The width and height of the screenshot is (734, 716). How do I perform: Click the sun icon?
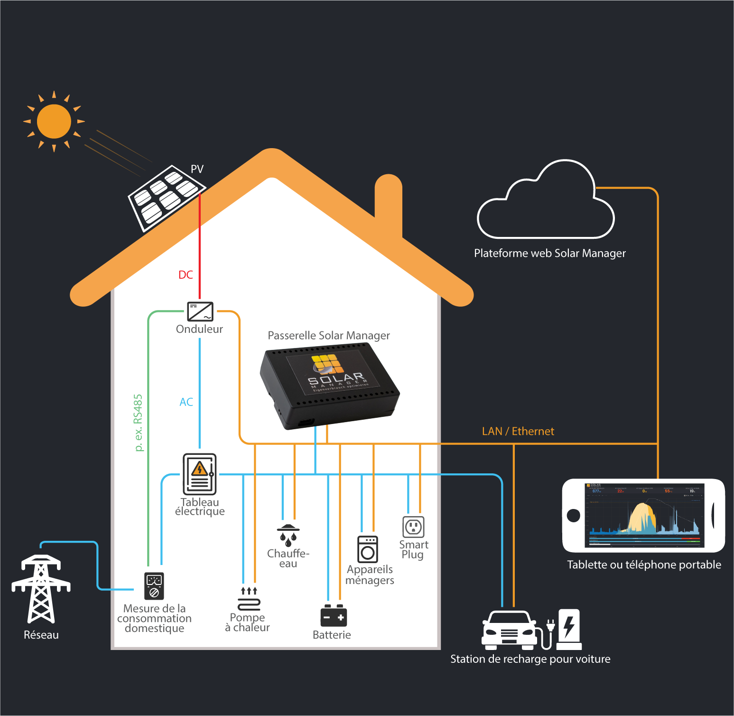pyautogui.click(x=54, y=122)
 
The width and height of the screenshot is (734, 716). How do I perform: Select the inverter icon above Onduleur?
pyautogui.click(x=200, y=311)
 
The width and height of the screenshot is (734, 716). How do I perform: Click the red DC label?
pyautogui.click(x=186, y=275)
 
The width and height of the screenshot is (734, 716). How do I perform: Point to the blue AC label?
pyautogui.click(x=186, y=402)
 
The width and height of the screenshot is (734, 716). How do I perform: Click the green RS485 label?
pyautogui.click(x=138, y=423)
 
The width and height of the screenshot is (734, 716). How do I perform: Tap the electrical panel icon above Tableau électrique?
pyautogui.click(x=200, y=474)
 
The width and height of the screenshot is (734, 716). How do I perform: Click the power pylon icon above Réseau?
pyautogui.click(x=41, y=589)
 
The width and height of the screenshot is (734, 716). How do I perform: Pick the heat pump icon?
pyautogui.click(x=249, y=599)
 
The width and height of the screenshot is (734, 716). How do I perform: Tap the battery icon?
pyautogui.click(x=334, y=616)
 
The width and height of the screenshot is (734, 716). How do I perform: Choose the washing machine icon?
pyautogui.click(x=368, y=549)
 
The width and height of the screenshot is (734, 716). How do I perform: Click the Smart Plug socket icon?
pyautogui.click(x=413, y=527)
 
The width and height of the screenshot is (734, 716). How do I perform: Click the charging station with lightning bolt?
pyautogui.click(x=569, y=629)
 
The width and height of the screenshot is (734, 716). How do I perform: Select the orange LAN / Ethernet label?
pyautogui.click(x=518, y=431)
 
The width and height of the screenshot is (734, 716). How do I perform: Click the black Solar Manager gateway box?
pyautogui.click(x=330, y=385)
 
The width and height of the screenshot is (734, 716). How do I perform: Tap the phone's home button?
pyautogui.click(x=574, y=515)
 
